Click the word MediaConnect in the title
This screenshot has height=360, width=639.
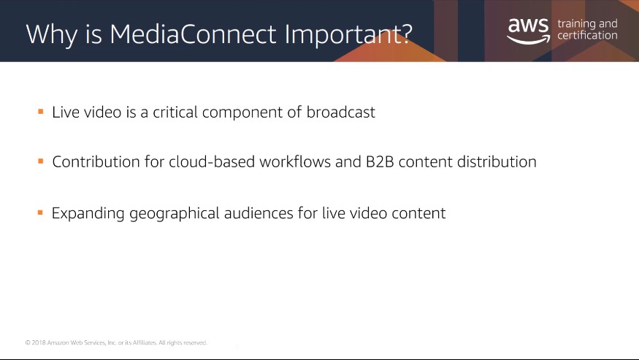click(x=194, y=34)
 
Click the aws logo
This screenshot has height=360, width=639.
click(x=529, y=31)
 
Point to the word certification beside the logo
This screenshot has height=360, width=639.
click(x=587, y=36)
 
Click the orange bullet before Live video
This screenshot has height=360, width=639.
click(x=41, y=111)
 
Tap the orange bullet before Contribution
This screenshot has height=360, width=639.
click(x=41, y=161)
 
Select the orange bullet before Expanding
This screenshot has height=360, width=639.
click(x=40, y=212)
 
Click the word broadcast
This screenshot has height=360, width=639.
click(x=341, y=112)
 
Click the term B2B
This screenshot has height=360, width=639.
click(x=380, y=162)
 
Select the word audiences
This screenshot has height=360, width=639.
click(x=259, y=213)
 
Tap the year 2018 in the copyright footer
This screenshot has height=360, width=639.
click(x=39, y=342)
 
